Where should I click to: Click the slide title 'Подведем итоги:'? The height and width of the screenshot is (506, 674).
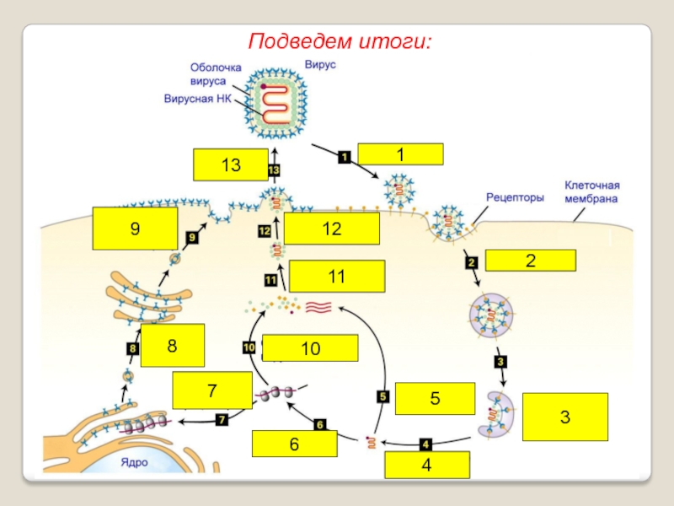tap(340, 41)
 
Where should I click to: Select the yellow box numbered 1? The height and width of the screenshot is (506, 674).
tap(400, 154)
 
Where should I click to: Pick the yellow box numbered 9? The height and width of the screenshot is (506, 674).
tap(135, 229)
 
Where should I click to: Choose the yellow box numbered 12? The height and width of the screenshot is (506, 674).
tap(331, 229)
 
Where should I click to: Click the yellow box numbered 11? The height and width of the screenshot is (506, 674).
tap(337, 276)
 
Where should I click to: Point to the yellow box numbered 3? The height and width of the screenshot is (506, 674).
tap(564, 417)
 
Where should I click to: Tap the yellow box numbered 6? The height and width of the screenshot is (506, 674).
tap(294, 444)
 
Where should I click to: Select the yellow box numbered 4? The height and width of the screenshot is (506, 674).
tap(427, 465)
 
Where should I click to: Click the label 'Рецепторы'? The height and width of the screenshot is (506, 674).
tap(515, 196)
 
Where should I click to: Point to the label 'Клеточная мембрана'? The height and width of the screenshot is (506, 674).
tap(591, 192)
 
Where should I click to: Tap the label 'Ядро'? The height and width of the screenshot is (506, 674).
tap(135, 462)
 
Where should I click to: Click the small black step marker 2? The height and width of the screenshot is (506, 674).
tap(471, 262)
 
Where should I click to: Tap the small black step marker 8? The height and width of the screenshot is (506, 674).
tap(132, 347)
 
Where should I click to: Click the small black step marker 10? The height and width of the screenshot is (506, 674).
tap(249, 347)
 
